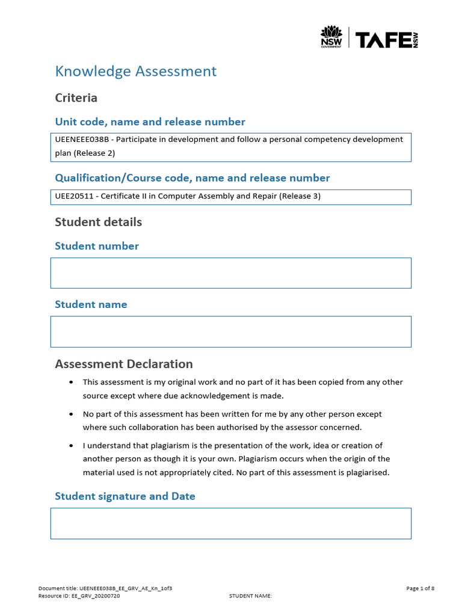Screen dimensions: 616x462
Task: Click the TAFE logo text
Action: (x=384, y=40)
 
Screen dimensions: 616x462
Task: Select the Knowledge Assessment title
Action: (x=135, y=71)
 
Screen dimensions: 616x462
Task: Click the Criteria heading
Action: (x=76, y=97)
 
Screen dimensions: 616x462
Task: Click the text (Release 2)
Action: (x=94, y=153)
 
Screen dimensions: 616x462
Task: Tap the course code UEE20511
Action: (x=73, y=197)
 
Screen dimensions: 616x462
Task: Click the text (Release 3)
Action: (x=300, y=197)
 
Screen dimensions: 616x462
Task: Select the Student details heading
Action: (x=98, y=222)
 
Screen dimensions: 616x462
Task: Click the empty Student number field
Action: (x=230, y=273)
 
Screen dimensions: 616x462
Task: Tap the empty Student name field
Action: (x=230, y=331)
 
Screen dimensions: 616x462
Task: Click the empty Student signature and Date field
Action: (x=230, y=523)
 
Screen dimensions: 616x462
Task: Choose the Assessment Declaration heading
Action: (x=124, y=364)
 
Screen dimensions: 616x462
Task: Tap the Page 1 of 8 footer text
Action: (x=420, y=588)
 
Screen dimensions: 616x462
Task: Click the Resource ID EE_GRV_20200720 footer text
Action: (x=79, y=596)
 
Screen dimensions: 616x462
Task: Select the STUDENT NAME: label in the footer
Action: (x=250, y=596)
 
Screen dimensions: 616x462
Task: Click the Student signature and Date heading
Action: (x=125, y=496)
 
